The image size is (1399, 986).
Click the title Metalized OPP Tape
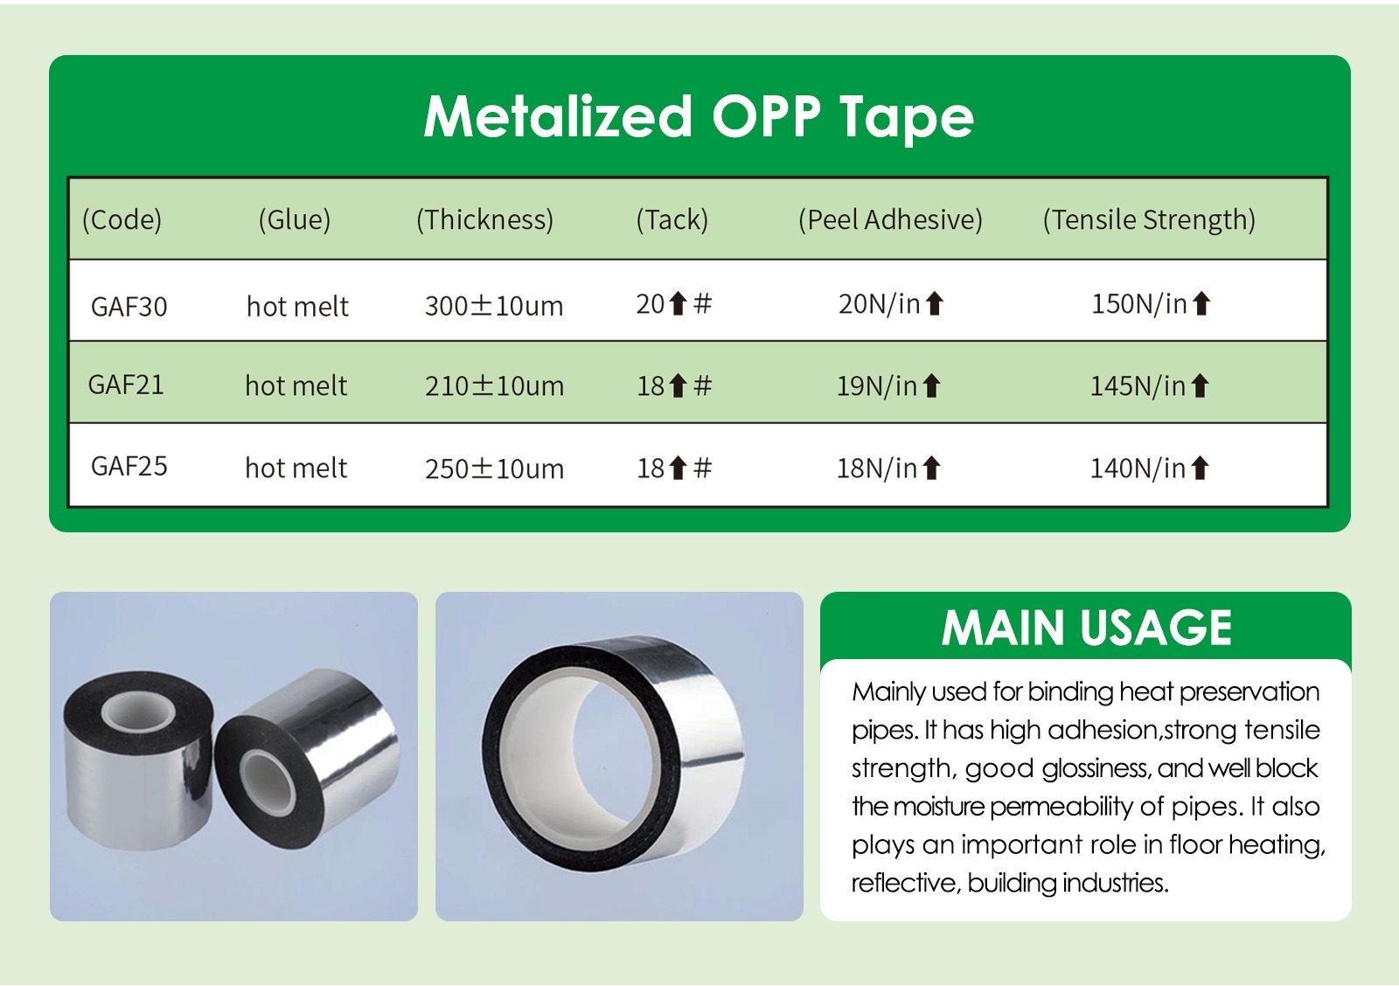point(699,117)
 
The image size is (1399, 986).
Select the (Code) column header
point(122,219)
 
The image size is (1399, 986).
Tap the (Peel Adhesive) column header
point(890,219)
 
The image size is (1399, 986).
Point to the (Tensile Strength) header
point(1149,219)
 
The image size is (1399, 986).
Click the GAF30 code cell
point(129,307)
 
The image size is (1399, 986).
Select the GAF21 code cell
point(126,385)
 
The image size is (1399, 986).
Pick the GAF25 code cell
point(129,467)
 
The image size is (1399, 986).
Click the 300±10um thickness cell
point(493,306)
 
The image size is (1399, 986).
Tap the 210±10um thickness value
point(494,385)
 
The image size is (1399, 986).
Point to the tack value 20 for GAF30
point(650,304)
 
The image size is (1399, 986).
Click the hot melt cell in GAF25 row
point(296,468)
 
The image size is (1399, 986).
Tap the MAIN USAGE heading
point(1087,628)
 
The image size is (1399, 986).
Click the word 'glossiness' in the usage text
point(1096,768)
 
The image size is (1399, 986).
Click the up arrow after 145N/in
point(1200,385)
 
